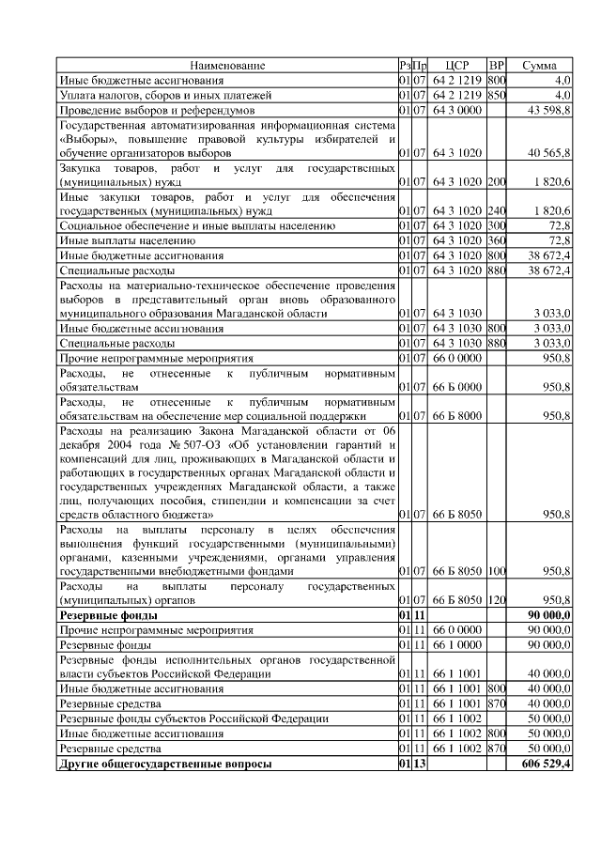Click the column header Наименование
tap(227, 66)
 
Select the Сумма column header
tap(539, 66)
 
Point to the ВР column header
tap(498, 66)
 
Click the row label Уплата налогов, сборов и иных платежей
tap(165, 95)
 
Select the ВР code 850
tap(498, 95)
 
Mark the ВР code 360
tap(498, 240)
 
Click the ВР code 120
tap(498, 599)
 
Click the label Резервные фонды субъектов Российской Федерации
tap(193, 719)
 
